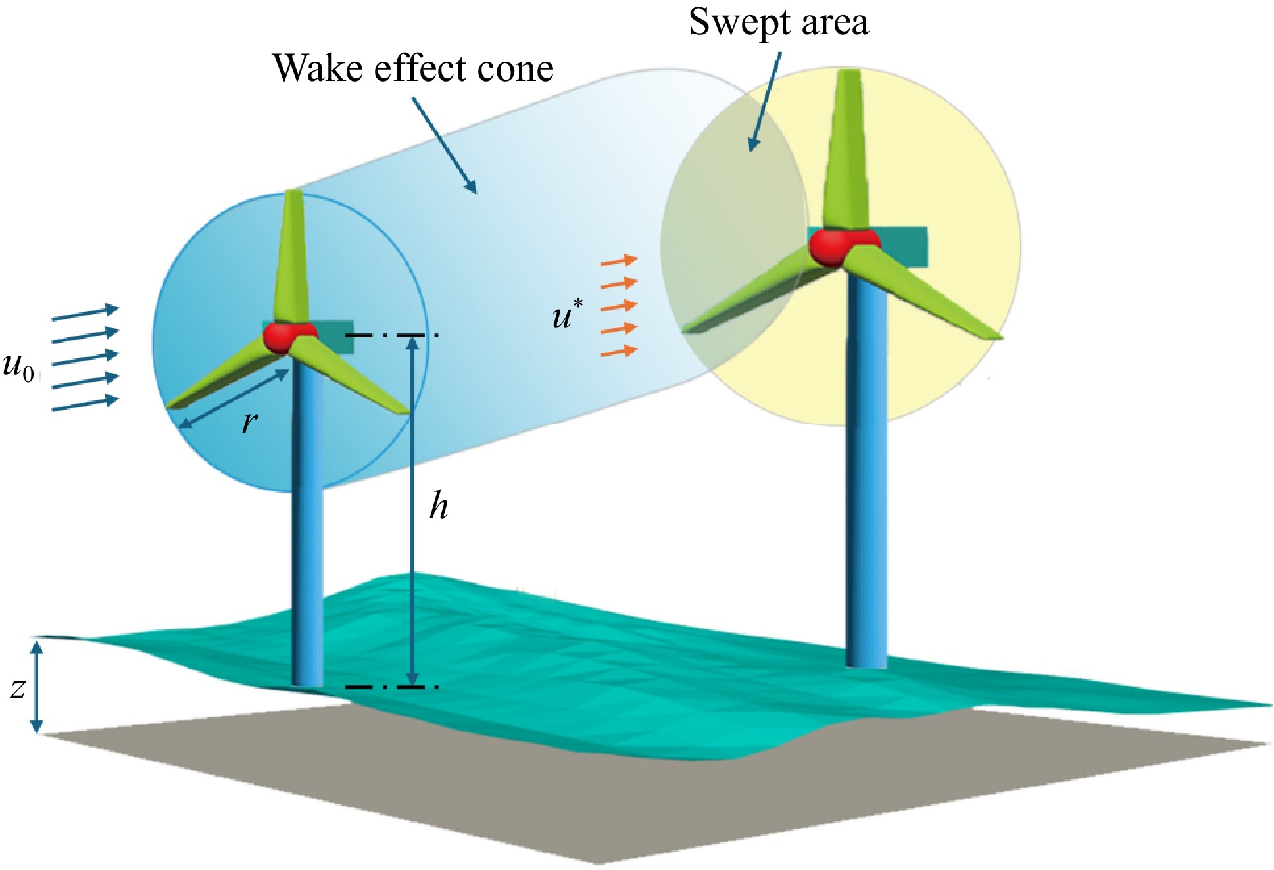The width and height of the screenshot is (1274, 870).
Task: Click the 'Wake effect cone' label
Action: (412, 68)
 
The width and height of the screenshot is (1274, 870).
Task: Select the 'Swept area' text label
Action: (778, 22)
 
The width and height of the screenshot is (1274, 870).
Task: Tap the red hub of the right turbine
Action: (833, 247)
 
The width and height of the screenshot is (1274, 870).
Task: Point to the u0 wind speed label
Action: (18, 366)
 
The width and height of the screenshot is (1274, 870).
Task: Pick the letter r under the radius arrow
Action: (249, 422)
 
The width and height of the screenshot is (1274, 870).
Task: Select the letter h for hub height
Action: (439, 506)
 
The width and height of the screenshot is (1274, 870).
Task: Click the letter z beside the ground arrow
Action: (18, 688)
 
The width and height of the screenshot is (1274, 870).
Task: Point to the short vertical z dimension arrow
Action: (37, 687)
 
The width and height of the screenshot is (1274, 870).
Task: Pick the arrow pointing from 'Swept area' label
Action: (766, 102)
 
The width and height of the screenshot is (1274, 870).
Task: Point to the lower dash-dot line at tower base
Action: (391, 687)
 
